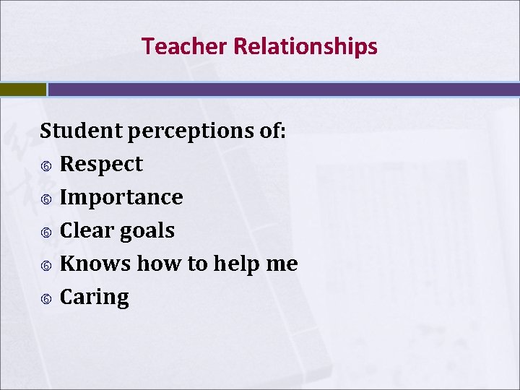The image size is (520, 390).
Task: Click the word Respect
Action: pos(101,165)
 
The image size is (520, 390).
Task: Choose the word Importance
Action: pos(121,198)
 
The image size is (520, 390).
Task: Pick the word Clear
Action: pos(82,230)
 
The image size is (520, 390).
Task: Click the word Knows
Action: pos(95,264)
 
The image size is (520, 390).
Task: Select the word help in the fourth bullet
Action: pos(236,264)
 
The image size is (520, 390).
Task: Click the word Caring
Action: pos(94,298)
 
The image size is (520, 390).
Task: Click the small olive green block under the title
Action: pos(22,90)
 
